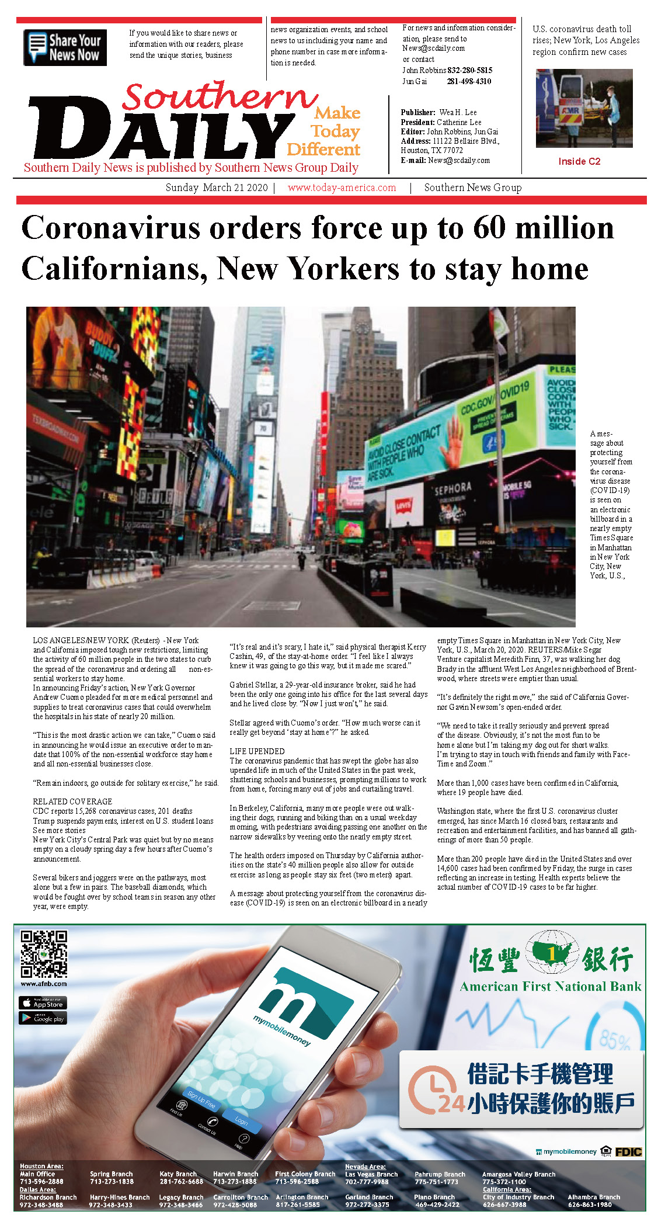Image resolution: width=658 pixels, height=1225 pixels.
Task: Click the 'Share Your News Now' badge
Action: pyautogui.click(x=65, y=47)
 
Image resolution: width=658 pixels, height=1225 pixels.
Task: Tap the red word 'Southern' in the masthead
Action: pyautogui.click(x=220, y=96)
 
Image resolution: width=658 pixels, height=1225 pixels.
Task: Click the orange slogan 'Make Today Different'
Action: pyautogui.click(x=325, y=131)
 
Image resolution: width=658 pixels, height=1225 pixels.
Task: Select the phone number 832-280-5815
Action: pyautogui.click(x=469, y=70)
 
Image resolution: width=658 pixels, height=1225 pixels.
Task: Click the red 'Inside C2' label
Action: pyautogui.click(x=579, y=161)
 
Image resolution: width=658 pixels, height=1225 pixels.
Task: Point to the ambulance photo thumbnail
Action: pyautogui.click(x=584, y=108)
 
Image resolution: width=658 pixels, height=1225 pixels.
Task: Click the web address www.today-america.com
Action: pyautogui.click(x=342, y=188)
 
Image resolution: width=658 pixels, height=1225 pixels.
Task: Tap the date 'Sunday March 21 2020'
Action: pyautogui.click(x=217, y=188)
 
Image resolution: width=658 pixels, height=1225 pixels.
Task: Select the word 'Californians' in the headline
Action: pyautogui.click(x=114, y=269)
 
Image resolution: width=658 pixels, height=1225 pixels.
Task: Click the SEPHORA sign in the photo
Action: pyautogui.click(x=452, y=488)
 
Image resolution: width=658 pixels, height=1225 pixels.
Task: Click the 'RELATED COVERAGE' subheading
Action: pyautogui.click(x=72, y=801)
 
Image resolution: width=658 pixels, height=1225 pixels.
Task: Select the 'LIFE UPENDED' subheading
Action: pyautogui.click(x=257, y=751)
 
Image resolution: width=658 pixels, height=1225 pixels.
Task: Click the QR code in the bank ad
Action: pyautogui.click(x=44, y=954)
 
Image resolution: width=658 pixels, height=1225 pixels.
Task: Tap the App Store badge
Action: pyautogui.click(x=43, y=1002)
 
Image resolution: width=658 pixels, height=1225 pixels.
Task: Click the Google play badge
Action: pyautogui.click(x=43, y=1018)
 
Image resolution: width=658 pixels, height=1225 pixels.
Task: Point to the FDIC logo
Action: pyautogui.click(x=628, y=1151)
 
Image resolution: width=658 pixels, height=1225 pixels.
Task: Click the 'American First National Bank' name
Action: pyautogui.click(x=550, y=987)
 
